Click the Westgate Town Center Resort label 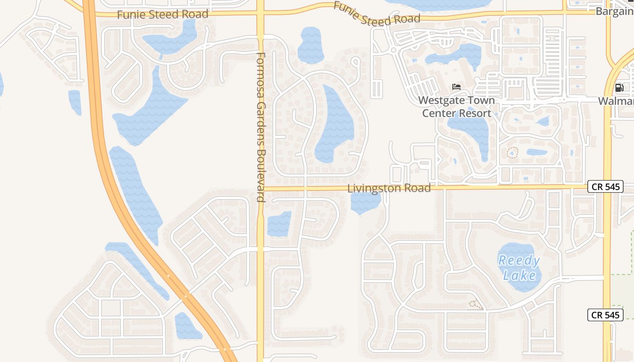pos(456,107)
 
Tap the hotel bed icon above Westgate pos(456,87)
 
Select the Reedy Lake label pos(519,267)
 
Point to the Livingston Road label pos(389,188)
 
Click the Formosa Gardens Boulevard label pos(260,127)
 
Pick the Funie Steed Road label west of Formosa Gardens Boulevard pos(163,14)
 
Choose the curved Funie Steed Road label pos(377,14)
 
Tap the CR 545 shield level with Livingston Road pos(605,186)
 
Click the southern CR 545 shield pos(605,315)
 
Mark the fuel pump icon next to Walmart pos(619,88)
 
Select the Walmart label pos(616,100)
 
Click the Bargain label pos(615,11)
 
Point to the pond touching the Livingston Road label pos(365,203)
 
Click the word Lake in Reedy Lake pos(519,275)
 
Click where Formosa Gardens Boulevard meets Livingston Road pos(260,187)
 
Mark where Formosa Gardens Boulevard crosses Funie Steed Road pos(260,14)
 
